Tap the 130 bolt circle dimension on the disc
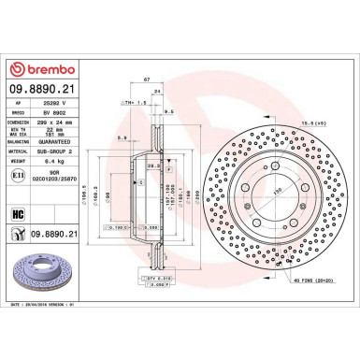tap(277, 190)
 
